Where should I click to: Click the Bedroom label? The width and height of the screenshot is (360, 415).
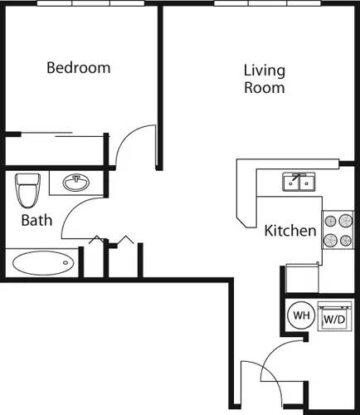coord(78,68)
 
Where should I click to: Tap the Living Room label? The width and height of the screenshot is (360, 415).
coord(265,79)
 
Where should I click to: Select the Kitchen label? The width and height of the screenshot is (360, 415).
coord(289,231)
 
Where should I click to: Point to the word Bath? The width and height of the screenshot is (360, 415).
coord(36,221)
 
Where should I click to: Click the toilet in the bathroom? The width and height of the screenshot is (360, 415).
coord(27,191)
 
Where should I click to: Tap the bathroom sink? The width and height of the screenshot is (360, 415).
coord(79,182)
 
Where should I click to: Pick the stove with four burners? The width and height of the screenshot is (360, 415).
coord(338,231)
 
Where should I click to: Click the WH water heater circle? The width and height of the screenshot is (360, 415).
coord(299,315)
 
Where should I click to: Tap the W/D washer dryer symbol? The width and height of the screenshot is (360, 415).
coord(333,318)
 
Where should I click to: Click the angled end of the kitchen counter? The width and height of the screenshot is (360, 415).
coord(246,217)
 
